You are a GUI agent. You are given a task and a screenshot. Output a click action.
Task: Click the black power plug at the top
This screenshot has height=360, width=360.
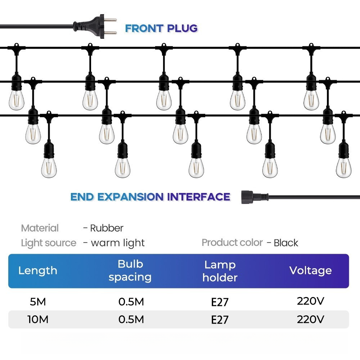95,26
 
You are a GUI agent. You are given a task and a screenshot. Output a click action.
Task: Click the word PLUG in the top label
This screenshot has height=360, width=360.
182,28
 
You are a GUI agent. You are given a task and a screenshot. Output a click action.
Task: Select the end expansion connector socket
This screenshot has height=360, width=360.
255,197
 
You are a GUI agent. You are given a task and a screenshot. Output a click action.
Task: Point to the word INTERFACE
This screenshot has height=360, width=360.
199,197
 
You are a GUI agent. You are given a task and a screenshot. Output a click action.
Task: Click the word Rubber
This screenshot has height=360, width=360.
107,228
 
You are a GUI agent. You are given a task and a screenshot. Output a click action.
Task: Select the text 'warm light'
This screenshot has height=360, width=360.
118,243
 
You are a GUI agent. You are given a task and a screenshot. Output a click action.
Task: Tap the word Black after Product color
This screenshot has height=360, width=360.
286,243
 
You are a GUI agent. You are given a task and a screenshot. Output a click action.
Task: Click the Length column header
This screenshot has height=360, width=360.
38,270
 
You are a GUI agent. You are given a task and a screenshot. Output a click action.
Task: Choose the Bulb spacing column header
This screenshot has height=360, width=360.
130,270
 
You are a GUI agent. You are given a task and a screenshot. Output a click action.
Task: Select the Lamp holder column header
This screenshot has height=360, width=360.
220,271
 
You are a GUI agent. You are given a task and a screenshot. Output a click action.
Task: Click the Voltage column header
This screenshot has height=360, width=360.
311,270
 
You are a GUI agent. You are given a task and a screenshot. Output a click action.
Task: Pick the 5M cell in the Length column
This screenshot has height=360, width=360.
38,302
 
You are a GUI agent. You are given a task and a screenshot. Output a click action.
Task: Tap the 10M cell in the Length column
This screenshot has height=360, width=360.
38,319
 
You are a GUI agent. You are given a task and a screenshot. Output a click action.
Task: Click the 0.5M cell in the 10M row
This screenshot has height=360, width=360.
131,319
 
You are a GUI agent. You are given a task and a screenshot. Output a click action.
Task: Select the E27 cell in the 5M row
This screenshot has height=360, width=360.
220,302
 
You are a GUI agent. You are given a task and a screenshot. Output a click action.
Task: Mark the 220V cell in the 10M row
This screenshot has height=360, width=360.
311,319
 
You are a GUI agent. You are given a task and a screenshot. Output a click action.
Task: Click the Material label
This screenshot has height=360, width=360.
40,228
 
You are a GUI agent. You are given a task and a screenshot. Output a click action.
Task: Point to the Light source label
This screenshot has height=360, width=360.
49,243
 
